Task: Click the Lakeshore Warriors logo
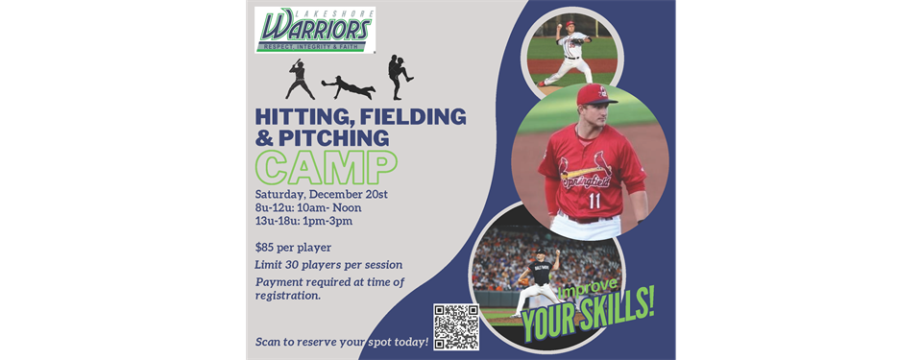(314, 30)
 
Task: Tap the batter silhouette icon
(300, 80)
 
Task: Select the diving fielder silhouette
(348, 87)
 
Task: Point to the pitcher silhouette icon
(400, 77)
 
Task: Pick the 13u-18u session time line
(303, 221)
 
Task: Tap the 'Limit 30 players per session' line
(328, 265)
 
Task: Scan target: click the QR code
(456, 327)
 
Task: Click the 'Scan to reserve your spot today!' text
(342, 343)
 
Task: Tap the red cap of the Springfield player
(595, 94)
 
